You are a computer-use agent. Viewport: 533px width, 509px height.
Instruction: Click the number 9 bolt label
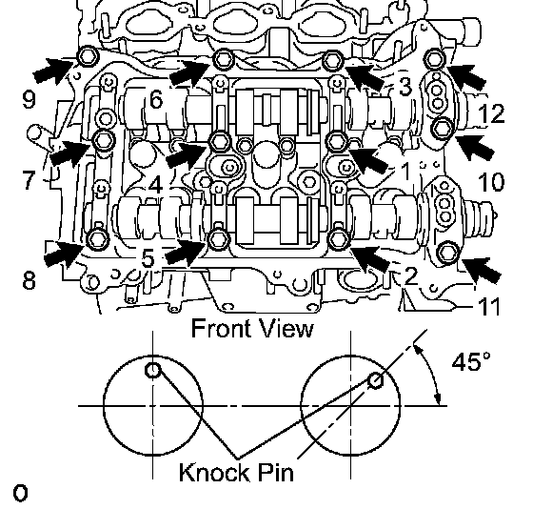(29, 100)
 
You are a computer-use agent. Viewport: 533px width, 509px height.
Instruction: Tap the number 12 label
(491, 113)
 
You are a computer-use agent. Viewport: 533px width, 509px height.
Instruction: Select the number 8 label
(30, 280)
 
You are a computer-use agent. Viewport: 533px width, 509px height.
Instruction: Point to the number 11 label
(489, 306)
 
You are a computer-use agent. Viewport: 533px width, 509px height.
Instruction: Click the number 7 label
(29, 180)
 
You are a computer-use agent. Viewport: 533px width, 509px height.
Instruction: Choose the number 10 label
(491, 182)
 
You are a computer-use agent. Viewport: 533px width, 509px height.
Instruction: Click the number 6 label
(156, 100)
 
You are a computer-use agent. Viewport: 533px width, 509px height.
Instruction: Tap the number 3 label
(405, 87)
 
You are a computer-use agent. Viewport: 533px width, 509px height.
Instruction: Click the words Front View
(252, 328)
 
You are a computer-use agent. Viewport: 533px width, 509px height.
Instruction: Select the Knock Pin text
(236, 472)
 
